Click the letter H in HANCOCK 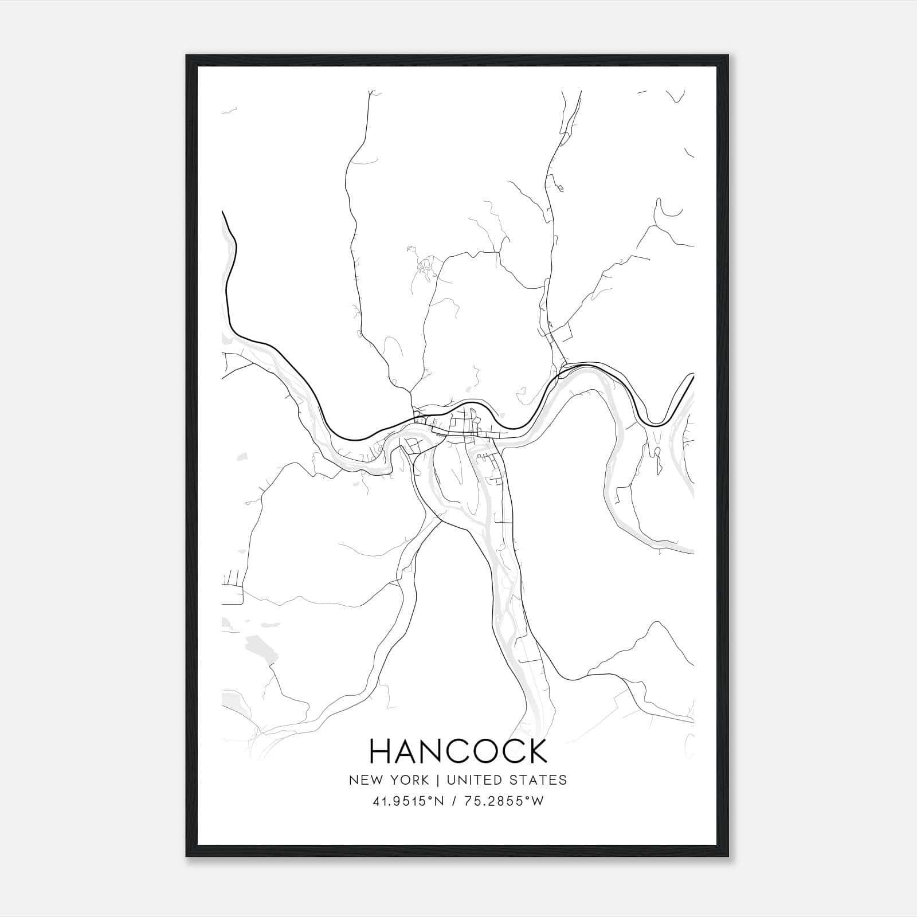[x=381, y=751]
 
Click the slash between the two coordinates [x=454, y=802]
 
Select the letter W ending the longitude [x=538, y=802]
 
